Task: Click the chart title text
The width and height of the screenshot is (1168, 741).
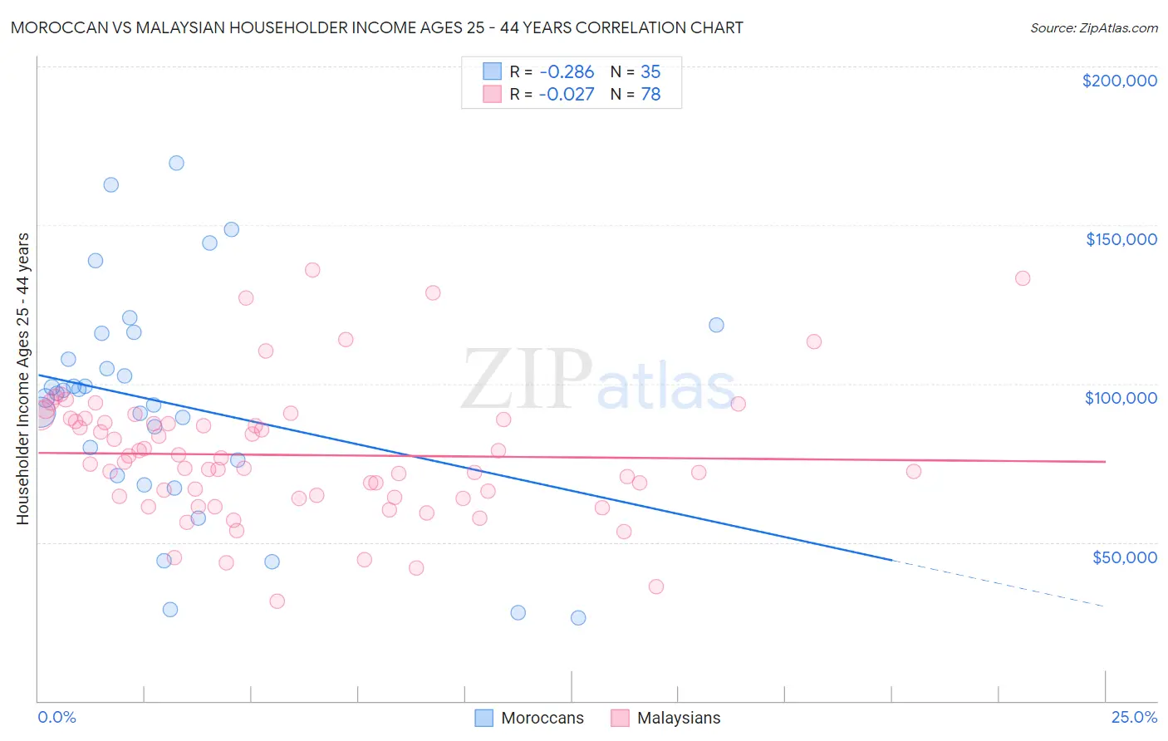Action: click(x=376, y=27)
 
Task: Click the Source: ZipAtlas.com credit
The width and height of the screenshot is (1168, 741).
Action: click(x=1093, y=27)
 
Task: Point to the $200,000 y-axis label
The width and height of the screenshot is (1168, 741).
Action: click(x=1119, y=81)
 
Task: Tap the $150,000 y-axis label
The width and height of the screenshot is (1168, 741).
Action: click(x=1121, y=239)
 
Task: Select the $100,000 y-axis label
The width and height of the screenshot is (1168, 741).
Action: click(x=1121, y=398)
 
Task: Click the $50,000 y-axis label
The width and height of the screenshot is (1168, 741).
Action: click(x=1124, y=557)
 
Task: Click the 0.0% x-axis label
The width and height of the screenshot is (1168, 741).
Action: click(x=56, y=717)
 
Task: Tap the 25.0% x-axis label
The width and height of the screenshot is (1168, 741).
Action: click(x=1134, y=717)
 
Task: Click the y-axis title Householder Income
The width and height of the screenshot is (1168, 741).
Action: click(x=22, y=379)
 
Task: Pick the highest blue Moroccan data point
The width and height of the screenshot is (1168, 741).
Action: click(x=176, y=163)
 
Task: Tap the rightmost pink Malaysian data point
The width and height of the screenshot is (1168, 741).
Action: click(x=1023, y=278)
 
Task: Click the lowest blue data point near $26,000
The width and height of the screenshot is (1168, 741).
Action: click(x=578, y=617)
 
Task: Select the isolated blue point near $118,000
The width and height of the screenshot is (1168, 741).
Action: click(x=716, y=325)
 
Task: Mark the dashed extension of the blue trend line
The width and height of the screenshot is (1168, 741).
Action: click(x=997, y=583)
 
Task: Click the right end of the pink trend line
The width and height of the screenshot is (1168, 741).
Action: click(x=1104, y=462)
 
